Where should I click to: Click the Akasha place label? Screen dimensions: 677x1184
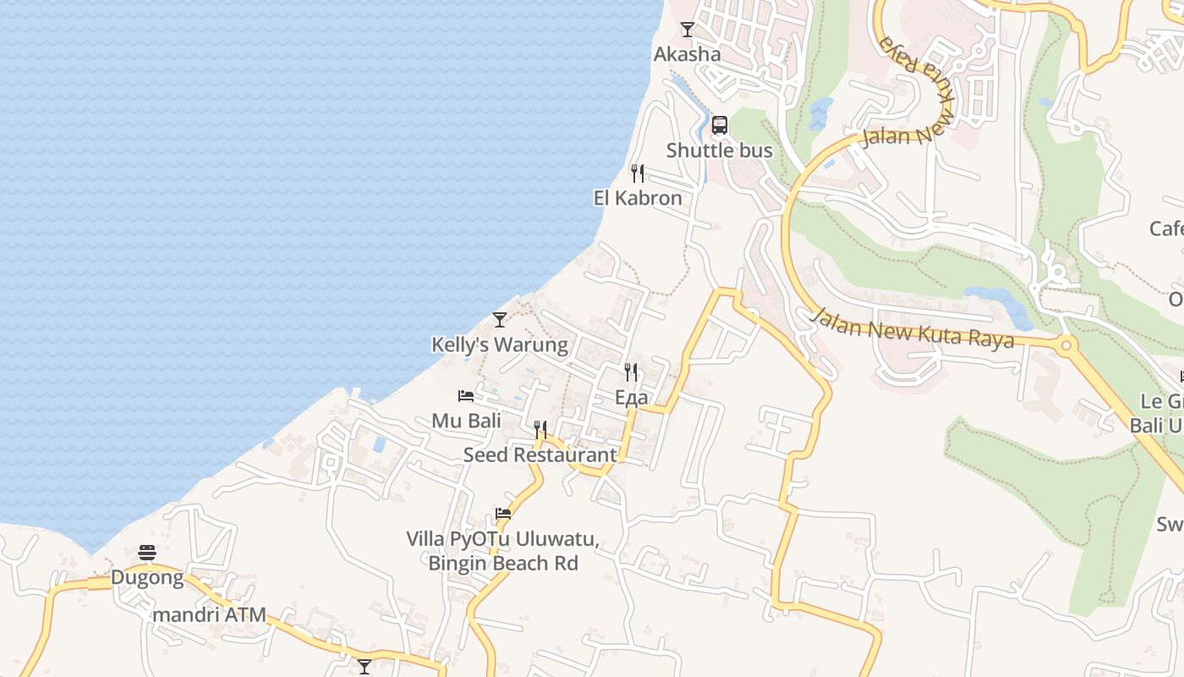687,54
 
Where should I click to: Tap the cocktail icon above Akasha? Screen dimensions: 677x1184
688,30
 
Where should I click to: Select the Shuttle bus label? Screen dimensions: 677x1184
719,151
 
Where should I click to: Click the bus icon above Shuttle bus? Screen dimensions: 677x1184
720,125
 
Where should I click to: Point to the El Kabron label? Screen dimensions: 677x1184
638,198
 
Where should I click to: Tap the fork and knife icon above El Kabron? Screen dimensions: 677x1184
638,173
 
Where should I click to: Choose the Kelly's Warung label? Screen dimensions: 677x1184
500,344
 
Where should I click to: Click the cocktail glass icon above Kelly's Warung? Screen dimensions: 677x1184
500,320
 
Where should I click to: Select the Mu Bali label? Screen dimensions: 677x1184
466,421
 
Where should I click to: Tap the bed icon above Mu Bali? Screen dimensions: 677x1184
466,395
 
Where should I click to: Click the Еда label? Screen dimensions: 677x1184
631,398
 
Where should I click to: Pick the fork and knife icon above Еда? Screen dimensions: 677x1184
631,372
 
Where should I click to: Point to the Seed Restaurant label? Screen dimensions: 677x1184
540,454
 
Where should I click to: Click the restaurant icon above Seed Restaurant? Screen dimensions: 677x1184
540,430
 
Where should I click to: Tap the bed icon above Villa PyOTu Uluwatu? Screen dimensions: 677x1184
503,514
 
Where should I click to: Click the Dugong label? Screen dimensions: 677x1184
147,578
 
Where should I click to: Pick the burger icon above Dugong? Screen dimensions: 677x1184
147,553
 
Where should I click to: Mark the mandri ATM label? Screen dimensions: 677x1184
209,614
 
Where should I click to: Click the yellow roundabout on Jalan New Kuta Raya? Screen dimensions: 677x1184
1066,345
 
